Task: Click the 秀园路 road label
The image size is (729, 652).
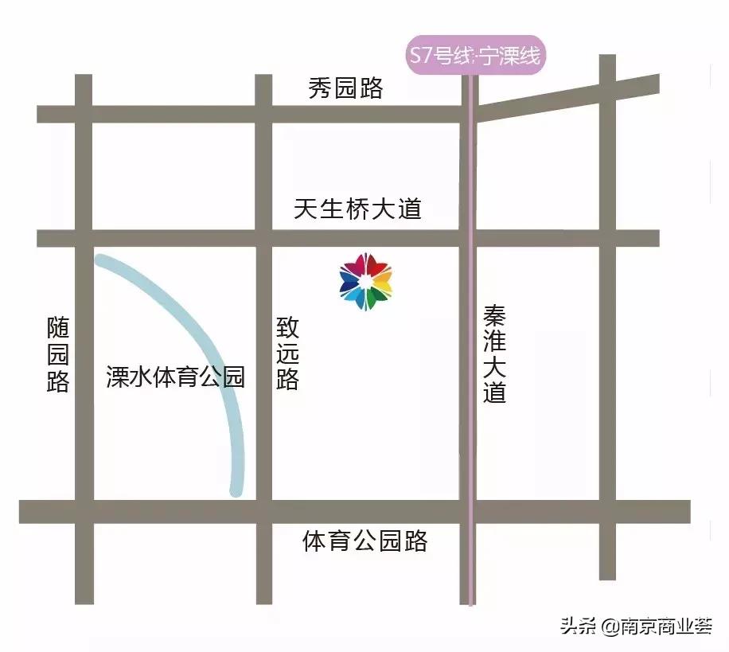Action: pos(345,88)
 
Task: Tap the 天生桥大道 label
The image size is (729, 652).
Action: pos(357,209)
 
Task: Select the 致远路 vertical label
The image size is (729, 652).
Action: pos(287,353)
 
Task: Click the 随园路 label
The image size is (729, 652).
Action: pos(58,354)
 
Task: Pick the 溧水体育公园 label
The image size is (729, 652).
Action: pos(175,377)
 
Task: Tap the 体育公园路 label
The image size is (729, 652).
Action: pos(365,542)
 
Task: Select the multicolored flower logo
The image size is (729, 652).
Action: pos(365,281)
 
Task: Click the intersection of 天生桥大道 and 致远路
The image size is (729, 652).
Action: pos(263,238)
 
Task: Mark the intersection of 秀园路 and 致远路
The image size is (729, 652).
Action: pos(263,114)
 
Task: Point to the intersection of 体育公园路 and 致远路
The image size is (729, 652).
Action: pos(263,511)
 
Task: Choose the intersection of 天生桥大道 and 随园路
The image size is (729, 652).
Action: pos(84,238)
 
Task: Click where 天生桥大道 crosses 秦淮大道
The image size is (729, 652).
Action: pos(470,238)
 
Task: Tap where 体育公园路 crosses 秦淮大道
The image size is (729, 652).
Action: pos(470,511)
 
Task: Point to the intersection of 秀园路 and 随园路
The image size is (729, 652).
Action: pos(84,114)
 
